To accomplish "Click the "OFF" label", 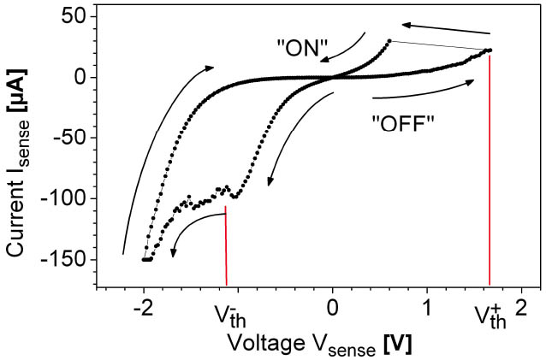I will pyautogui.click(x=405, y=121).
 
